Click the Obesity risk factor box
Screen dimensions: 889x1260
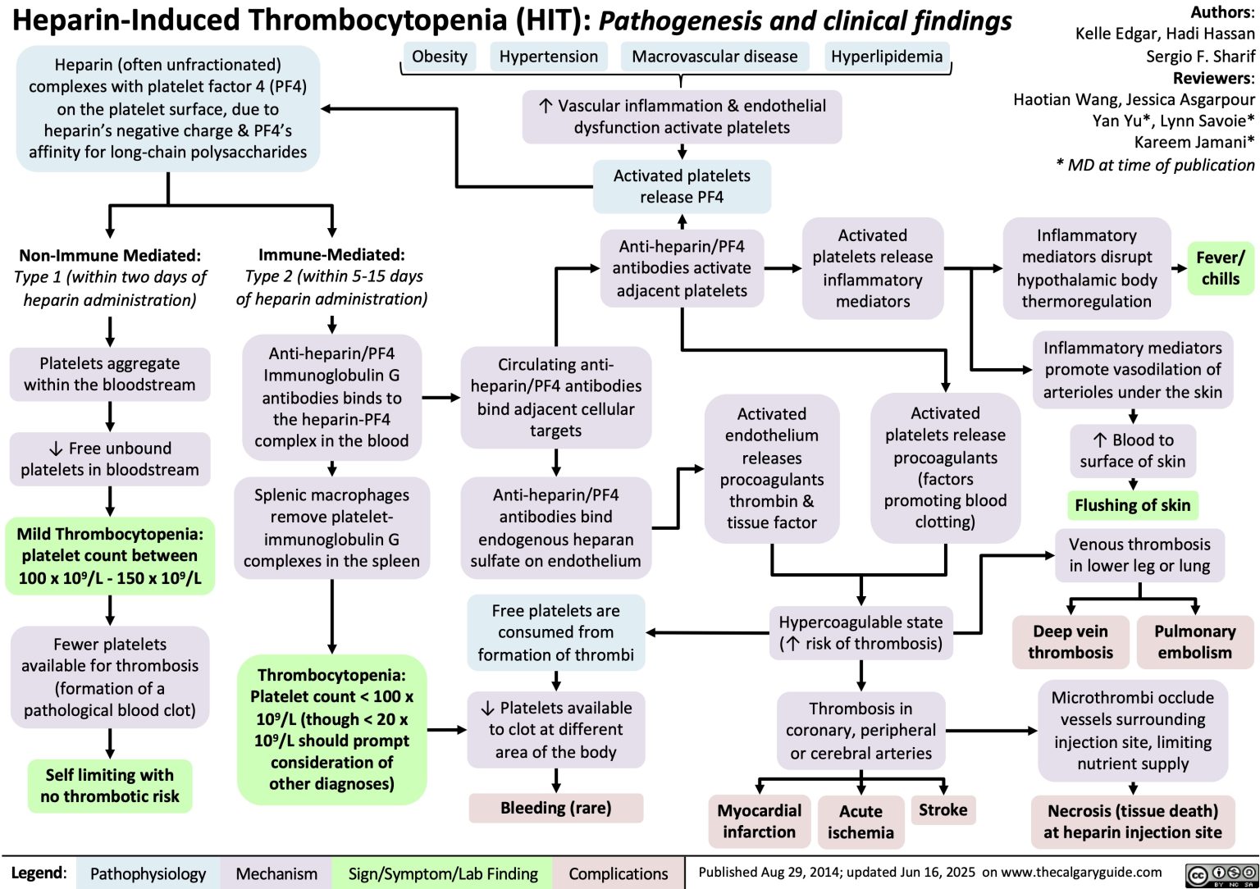[x=439, y=57]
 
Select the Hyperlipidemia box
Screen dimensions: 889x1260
[x=886, y=57]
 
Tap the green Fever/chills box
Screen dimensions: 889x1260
[x=1220, y=268]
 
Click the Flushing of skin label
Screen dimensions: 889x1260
[x=1132, y=505]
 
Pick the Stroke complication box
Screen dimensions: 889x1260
[x=943, y=810]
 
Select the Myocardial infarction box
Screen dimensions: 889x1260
[x=759, y=821]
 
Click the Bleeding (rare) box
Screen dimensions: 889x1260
[x=555, y=808]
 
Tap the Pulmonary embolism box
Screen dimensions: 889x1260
[x=1194, y=642]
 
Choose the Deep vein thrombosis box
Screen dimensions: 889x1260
[x=1070, y=642]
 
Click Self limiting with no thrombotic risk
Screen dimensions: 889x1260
[x=110, y=786]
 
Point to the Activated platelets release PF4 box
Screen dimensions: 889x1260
[x=682, y=186]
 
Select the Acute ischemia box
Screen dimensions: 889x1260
[x=861, y=822]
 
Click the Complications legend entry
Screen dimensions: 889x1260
[x=619, y=874]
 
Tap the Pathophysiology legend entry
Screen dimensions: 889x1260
[x=148, y=874]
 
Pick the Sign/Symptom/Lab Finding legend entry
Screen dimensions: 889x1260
[x=443, y=874]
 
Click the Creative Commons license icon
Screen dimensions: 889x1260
[x=1221, y=874]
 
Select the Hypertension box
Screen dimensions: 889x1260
[x=548, y=57]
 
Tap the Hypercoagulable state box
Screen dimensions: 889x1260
[x=861, y=633]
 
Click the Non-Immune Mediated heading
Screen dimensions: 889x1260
[x=110, y=255]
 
